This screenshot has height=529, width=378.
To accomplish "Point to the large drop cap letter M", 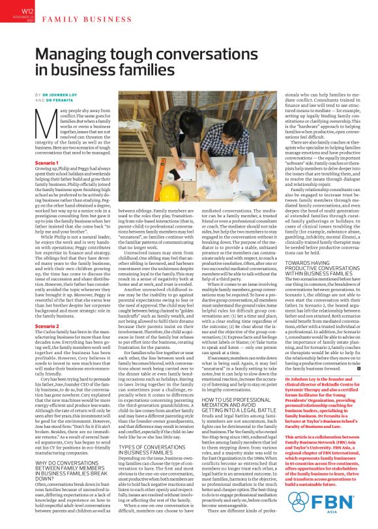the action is coord(42,117).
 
